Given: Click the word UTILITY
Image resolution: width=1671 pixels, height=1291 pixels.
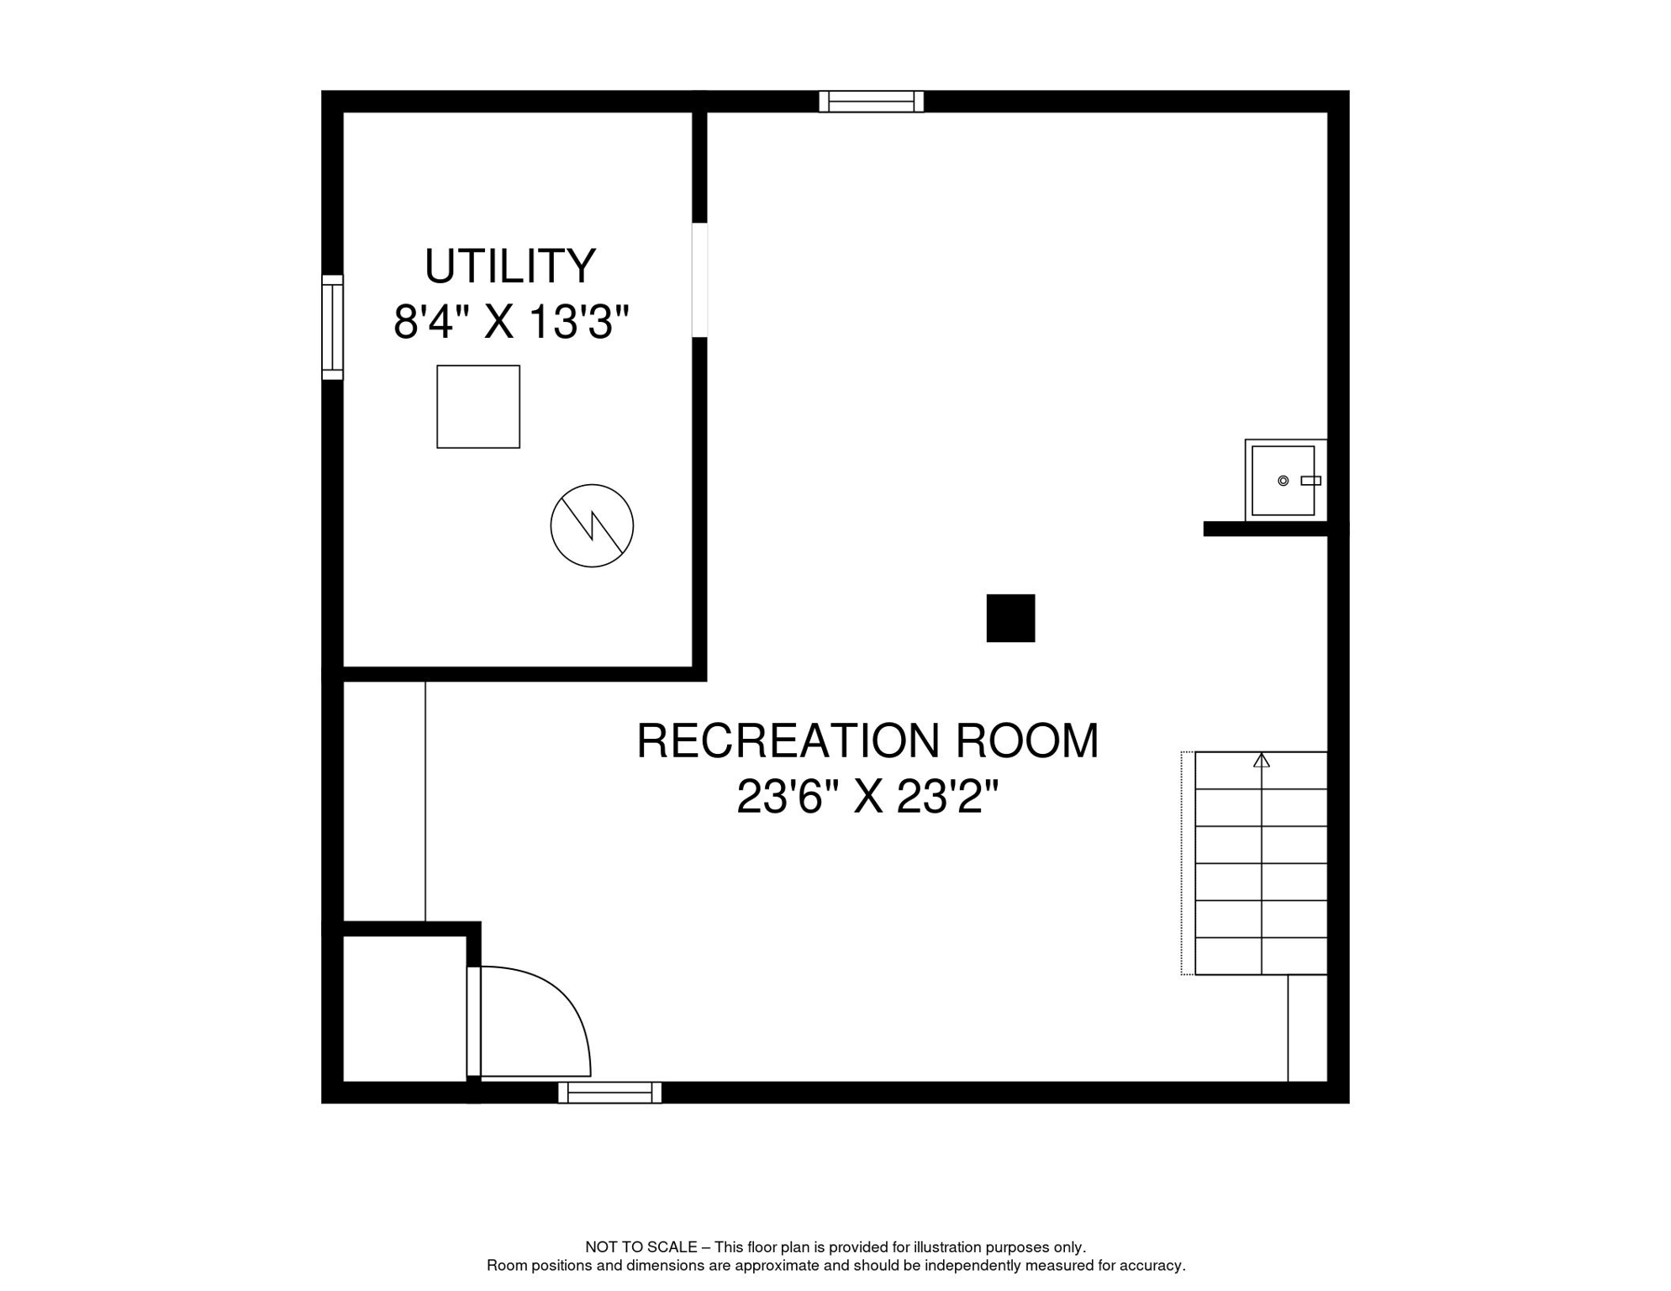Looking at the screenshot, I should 509,266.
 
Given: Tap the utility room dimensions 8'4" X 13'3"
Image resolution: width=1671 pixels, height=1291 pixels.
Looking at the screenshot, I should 511,322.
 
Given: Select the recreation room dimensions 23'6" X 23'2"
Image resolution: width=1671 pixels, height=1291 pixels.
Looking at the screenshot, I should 867,797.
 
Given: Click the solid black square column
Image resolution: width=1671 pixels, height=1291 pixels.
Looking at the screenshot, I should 1010,618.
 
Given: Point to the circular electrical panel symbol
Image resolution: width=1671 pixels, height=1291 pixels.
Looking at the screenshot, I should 592,525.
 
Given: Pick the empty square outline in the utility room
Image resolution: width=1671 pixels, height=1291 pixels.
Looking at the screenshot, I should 478,407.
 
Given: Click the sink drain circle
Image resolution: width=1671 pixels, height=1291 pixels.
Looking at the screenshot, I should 1283,481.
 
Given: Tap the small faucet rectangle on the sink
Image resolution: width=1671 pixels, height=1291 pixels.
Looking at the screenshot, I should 1310,481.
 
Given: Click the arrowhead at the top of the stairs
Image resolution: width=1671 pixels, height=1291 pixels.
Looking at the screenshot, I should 1261,761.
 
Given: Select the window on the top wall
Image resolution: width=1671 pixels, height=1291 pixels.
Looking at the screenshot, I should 871,102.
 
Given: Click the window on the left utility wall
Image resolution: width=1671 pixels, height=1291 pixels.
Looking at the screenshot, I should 333,327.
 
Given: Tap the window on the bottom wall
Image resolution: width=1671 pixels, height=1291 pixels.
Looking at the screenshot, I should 609,1093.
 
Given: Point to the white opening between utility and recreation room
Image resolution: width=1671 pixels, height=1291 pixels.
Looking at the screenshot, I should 699,280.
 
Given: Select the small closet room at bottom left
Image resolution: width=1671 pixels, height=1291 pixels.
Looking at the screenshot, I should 404,1008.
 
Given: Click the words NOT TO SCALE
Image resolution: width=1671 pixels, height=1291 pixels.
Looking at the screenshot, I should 640,1247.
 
